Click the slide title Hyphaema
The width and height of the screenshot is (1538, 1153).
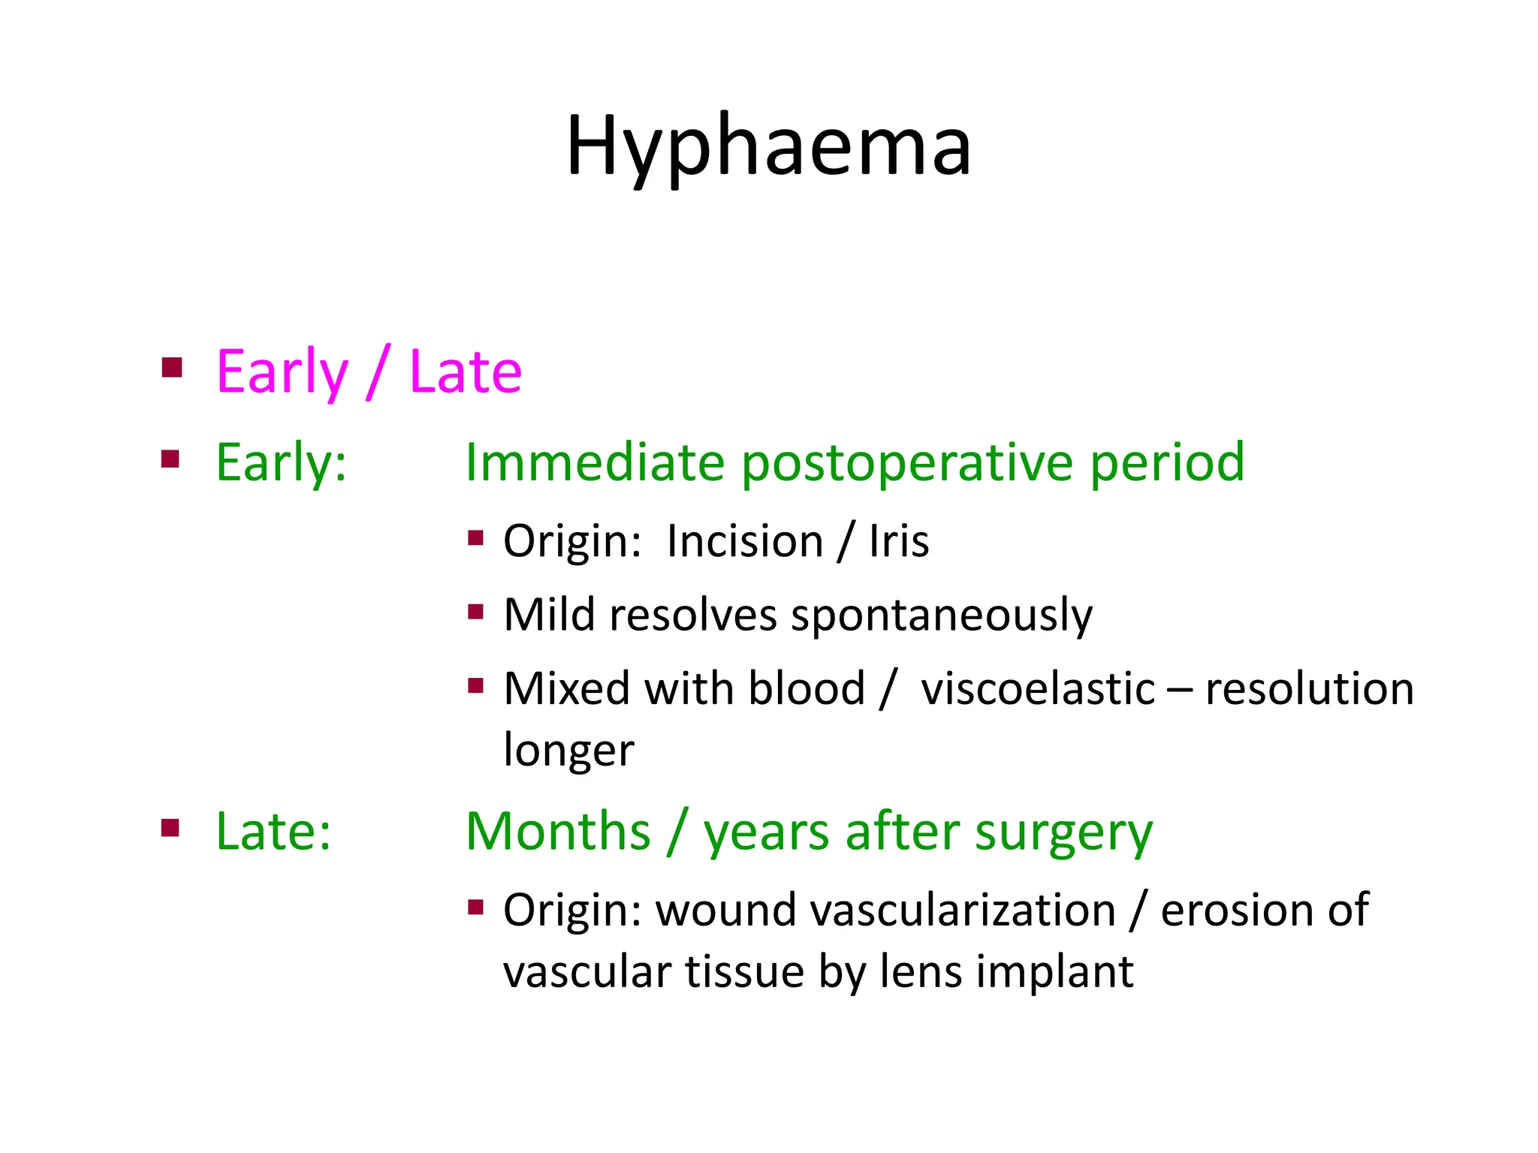coord(768,146)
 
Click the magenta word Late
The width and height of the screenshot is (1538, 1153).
coord(465,372)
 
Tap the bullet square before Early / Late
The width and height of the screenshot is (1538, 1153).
coord(172,367)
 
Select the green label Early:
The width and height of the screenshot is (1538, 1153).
coord(281,462)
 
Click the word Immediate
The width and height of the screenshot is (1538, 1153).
coord(594,462)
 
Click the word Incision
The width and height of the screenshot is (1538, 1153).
coord(744,541)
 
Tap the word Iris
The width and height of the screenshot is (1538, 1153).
coord(898,541)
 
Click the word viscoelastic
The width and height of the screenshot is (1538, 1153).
coord(1037,689)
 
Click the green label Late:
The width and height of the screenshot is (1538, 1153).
coord(273,832)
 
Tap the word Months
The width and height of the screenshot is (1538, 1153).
coord(558,832)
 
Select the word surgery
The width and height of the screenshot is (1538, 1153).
coord(1063,833)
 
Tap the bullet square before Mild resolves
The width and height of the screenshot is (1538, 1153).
coord(475,611)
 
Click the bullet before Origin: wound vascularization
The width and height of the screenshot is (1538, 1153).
coord(475,907)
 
